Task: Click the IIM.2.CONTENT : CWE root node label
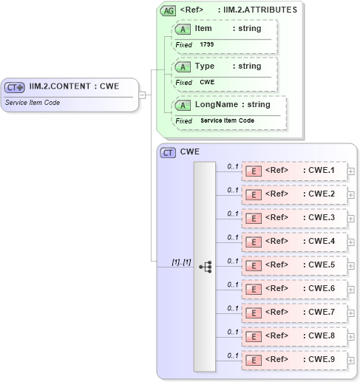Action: pyautogui.click(x=74, y=86)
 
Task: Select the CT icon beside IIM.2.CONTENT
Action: pyautogui.click(x=16, y=87)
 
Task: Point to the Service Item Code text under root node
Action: pyautogui.click(x=33, y=103)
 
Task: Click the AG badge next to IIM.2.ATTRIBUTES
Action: pyautogui.click(x=168, y=10)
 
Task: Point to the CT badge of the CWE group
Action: pyautogui.click(x=168, y=152)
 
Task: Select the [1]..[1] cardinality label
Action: pyautogui.click(x=181, y=262)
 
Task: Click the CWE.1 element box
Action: pyautogui.click(x=294, y=172)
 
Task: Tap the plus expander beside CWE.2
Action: pyautogui.click(x=351, y=195)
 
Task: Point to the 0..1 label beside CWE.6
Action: pyautogui.click(x=232, y=284)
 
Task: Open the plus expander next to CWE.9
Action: pyautogui.click(x=351, y=361)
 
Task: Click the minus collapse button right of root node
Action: pyautogui.click(x=142, y=95)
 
